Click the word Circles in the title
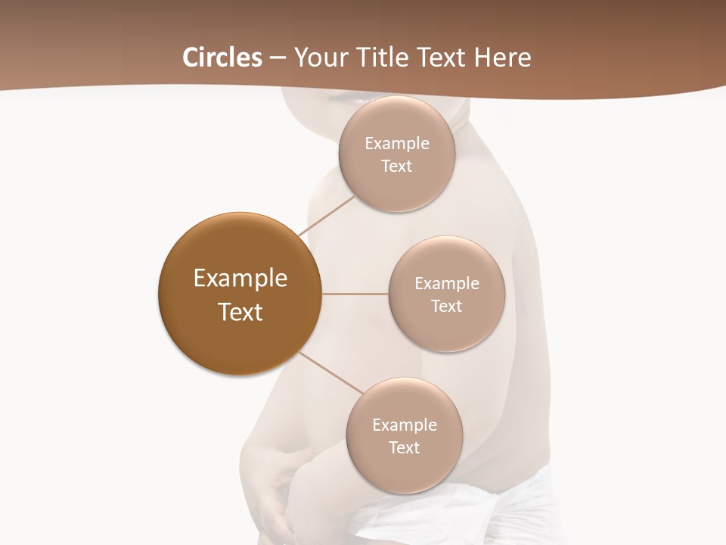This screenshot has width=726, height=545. click(222, 58)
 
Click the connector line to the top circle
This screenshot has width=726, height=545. click(327, 215)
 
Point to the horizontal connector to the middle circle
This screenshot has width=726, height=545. click(355, 294)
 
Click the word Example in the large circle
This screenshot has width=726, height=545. click(240, 279)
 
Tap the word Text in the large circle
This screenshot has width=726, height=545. click(240, 312)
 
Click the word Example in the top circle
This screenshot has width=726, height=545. click(397, 143)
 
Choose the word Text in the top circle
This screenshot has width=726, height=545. click(397, 166)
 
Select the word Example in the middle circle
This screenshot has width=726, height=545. click(446, 283)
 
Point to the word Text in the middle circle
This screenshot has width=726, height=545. click(446, 306)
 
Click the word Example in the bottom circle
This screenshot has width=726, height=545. click(404, 425)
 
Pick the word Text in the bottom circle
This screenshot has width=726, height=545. click(404, 447)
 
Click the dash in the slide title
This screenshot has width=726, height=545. click(278, 58)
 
